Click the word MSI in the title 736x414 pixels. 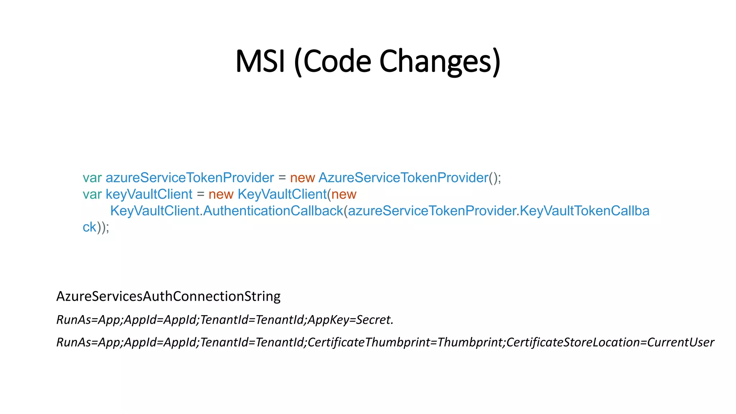[x=261, y=61]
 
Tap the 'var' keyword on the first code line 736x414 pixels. [x=92, y=178]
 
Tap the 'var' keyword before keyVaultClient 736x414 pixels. [x=92, y=194]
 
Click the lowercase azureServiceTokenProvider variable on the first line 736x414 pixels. [x=189, y=178]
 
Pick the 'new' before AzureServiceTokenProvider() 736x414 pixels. [x=302, y=178]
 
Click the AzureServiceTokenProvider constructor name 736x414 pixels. [x=403, y=178]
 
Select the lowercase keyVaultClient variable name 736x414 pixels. [x=149, y=194]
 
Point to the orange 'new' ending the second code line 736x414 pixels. [x=344, y=194]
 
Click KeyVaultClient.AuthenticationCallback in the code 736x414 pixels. [x=226, y=211]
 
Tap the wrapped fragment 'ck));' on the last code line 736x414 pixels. [x=96, y=227]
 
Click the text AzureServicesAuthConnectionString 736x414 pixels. [x=168, y=296]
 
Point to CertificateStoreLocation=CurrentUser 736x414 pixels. [x=610, y=342]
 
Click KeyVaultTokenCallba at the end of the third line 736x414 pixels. [x=585, y=211]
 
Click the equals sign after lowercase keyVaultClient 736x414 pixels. [x=201, y=194]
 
